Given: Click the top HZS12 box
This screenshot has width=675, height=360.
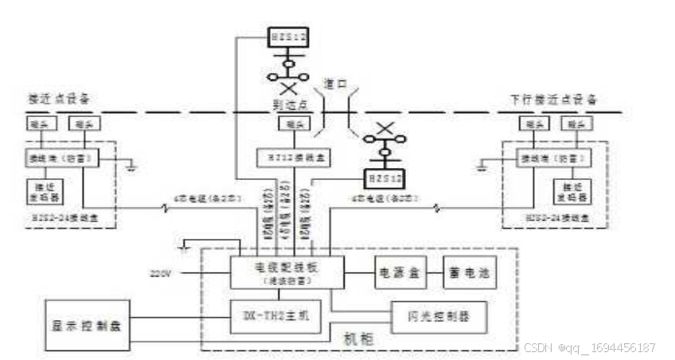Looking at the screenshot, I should tap(287, 37).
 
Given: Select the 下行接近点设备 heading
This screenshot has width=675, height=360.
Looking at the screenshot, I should tap(553, 100).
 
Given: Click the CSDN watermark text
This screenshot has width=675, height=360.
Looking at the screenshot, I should tap(589, 348).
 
